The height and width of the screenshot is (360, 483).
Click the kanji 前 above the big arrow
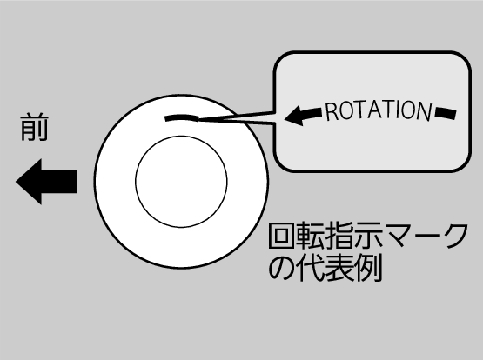click(x=34, y=128)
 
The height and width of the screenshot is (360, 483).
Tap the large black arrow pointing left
click(x=46, y=182)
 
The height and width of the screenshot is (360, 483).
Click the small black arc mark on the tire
click(x=182, y=118)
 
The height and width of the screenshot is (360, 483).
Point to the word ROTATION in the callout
click(x=379, y=110)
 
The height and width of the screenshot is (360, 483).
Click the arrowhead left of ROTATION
click(x=294, y=116)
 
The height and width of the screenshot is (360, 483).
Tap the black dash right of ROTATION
click(x=446, y=113)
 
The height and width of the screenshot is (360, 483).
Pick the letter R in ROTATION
click(x=332, y=112)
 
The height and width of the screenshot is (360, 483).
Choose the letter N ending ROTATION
click(x=425, y=111)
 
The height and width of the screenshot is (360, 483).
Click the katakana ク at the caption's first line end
click(x=454, y=236)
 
